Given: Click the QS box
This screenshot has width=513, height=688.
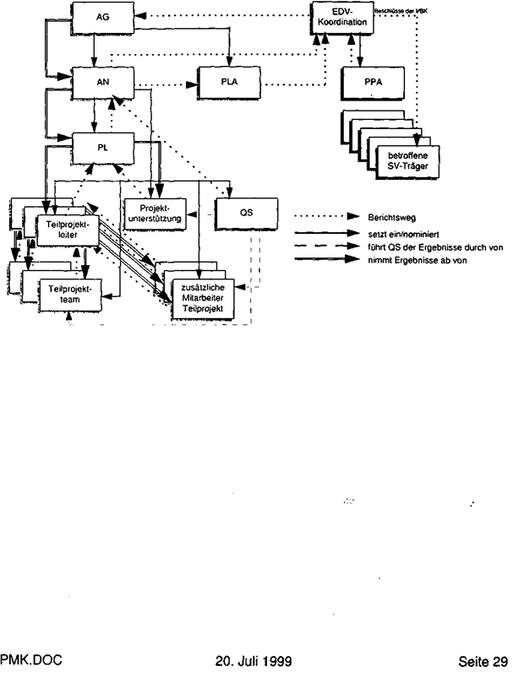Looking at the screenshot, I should coord(246,213).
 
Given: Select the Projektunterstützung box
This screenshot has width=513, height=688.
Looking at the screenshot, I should coord(154,214).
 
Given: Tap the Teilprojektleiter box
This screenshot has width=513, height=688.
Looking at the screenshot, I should coord(63,228).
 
